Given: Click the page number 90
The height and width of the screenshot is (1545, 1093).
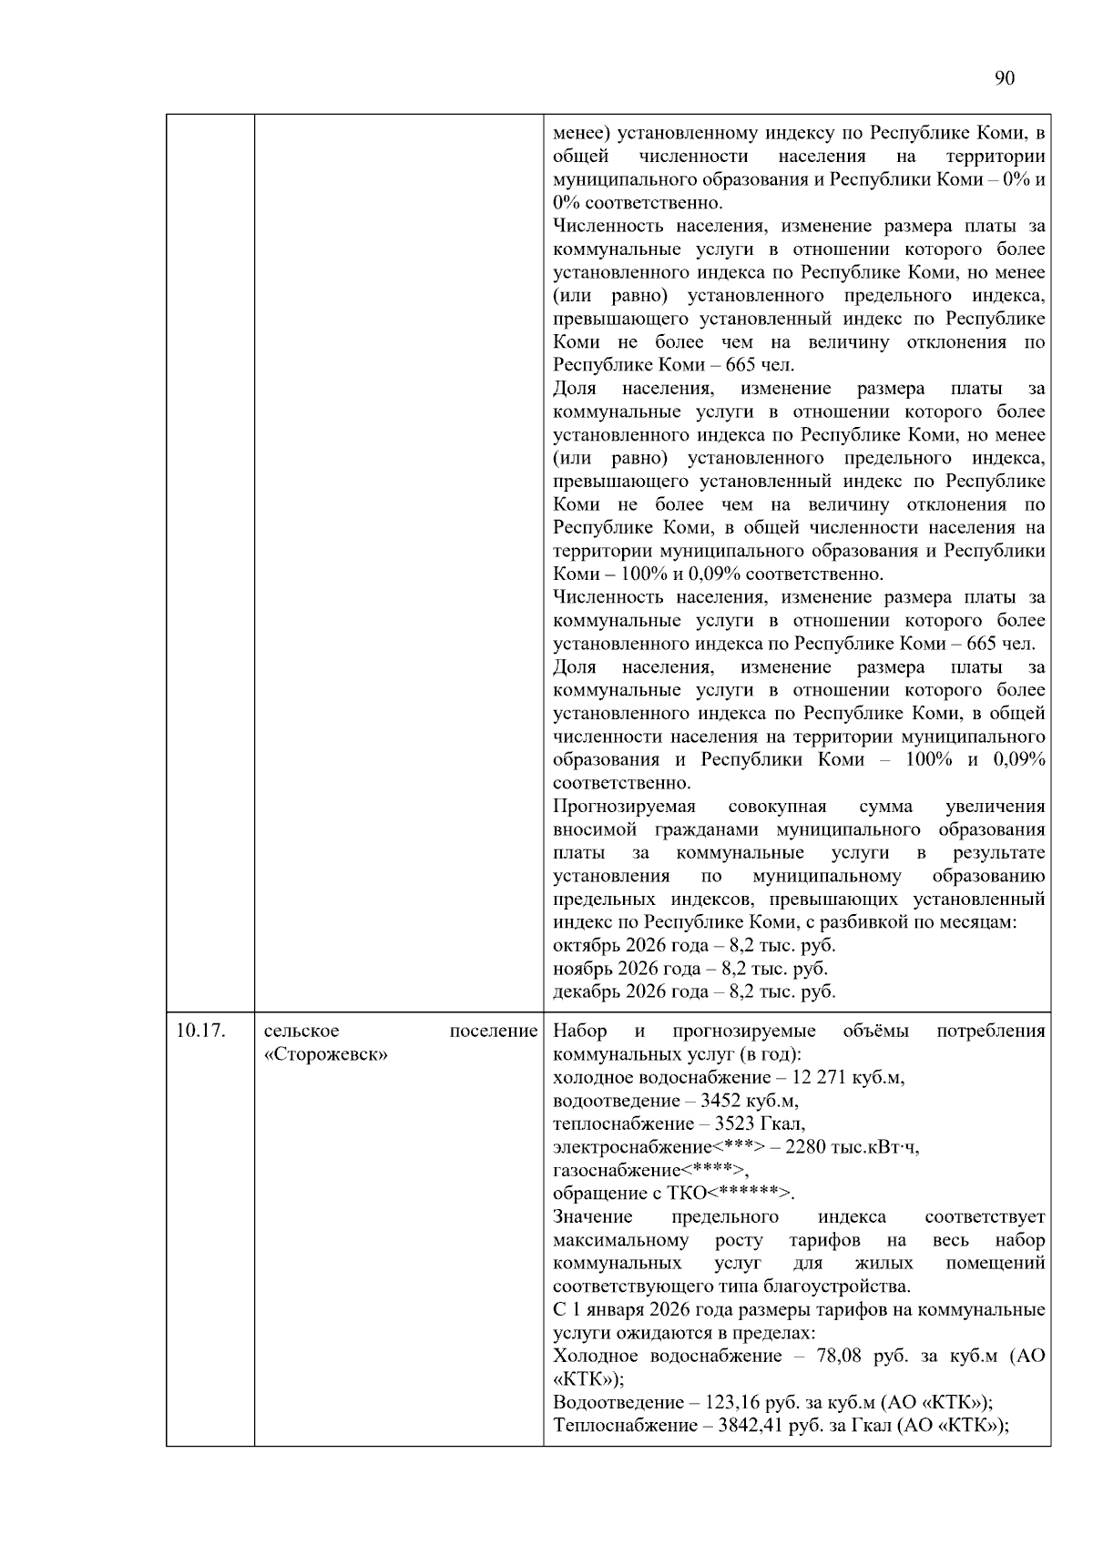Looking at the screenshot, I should (1004, 78).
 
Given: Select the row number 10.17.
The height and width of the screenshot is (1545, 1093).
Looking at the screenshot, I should (200, 1031).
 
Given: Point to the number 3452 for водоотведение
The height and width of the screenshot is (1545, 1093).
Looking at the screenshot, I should (724, 1101).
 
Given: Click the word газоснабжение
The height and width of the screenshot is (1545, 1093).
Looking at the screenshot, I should (617, 1171).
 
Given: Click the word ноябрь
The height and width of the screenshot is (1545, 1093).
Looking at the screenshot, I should (582, 969).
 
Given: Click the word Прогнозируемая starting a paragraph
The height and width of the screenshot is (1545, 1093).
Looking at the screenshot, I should (624, 807).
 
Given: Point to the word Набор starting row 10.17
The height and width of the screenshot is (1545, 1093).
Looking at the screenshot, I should (580, 1032).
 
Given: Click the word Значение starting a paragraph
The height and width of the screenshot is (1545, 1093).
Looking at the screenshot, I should (592, 1217).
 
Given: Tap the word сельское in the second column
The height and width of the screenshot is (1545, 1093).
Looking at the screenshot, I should (301, 1031).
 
